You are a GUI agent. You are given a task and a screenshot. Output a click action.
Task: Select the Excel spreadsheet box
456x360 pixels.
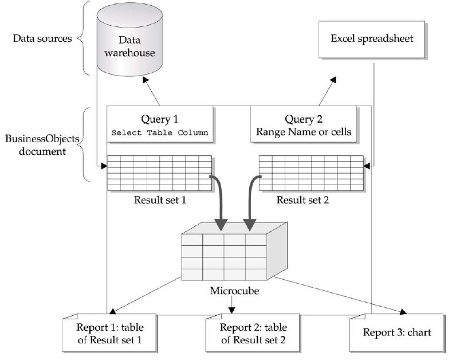372,39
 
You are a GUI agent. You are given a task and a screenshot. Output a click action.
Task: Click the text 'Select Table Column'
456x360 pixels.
161,133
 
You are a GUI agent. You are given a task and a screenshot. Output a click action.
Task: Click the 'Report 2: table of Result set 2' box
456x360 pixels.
253,334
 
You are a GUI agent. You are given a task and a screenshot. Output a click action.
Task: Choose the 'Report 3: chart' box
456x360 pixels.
396,332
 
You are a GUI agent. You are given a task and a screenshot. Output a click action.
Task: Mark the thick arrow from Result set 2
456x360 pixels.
250,201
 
